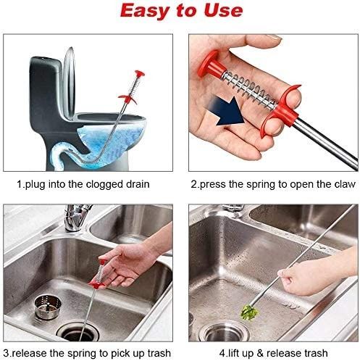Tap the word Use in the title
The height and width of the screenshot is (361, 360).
[x=221, y=12]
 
